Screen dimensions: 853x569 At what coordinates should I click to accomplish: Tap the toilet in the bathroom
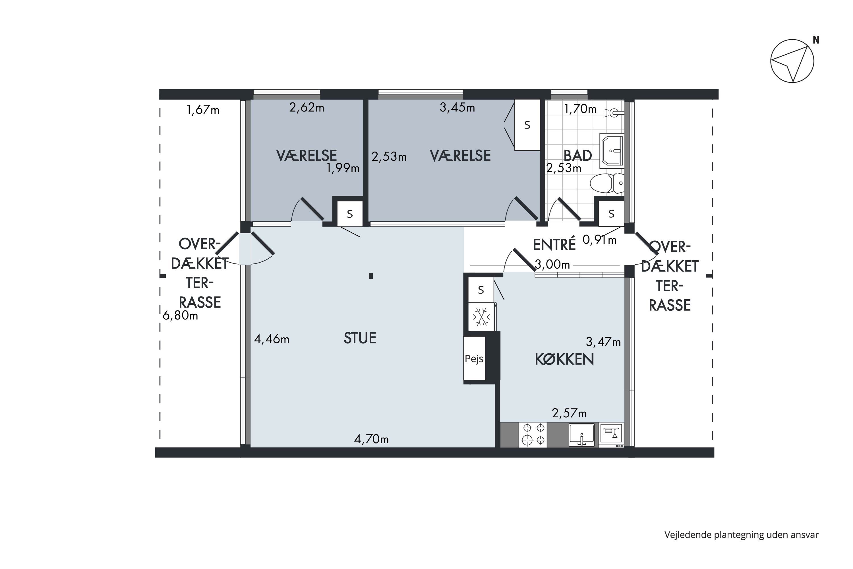coord(607,183)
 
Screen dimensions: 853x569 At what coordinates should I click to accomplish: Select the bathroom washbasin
coord(612,151)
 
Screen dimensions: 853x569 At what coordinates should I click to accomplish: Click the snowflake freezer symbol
coord(481,317)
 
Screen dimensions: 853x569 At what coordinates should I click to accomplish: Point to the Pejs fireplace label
coord(474,359)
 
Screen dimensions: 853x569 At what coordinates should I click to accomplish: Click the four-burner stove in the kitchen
coord(533,434)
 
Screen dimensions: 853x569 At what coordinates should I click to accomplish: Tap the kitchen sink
coord(582,434)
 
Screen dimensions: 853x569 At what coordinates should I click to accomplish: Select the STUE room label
coord(360,338)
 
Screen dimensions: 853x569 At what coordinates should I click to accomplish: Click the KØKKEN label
coord(564,359)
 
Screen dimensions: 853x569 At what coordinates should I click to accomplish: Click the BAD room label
coord(578,155)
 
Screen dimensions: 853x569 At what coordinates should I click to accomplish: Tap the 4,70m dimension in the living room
coord(371,440)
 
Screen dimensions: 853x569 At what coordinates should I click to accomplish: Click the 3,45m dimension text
coord(457,108)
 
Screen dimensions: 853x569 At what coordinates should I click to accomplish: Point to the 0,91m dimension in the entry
coord(599,240)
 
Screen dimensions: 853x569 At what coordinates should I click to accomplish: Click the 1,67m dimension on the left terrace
coord(203,110)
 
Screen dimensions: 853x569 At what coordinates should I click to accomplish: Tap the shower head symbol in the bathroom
coord(614,113)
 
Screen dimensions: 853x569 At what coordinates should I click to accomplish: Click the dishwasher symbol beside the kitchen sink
coord(611,435)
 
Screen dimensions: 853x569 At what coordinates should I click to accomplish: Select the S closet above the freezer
coord(481,290)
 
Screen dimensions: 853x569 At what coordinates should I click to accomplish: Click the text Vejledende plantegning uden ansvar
coord(741,535)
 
